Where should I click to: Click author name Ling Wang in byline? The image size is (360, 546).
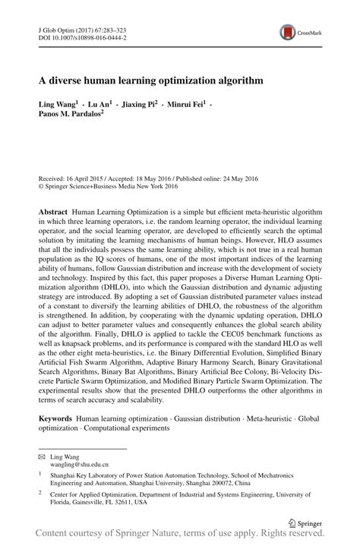click(57, 103)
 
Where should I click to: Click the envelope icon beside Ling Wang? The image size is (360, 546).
click(42, 456)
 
